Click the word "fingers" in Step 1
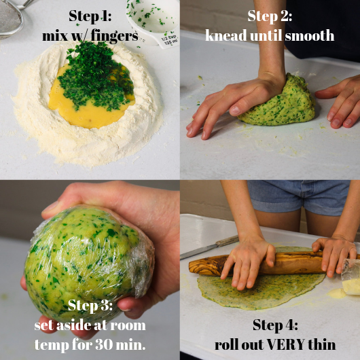tap(114, 36)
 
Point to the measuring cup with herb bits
tap(154, 22)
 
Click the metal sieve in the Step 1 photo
tap(12, 18)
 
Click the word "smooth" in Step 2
tap(309, 36)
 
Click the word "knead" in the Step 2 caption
tap(226, 36)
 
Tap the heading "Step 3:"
tap(90, 306)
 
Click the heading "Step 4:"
tap(275, 325)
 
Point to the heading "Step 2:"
tap(270, 16)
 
